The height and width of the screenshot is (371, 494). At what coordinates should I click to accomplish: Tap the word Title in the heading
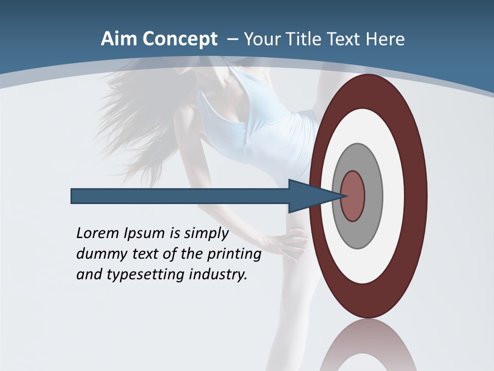303,39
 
